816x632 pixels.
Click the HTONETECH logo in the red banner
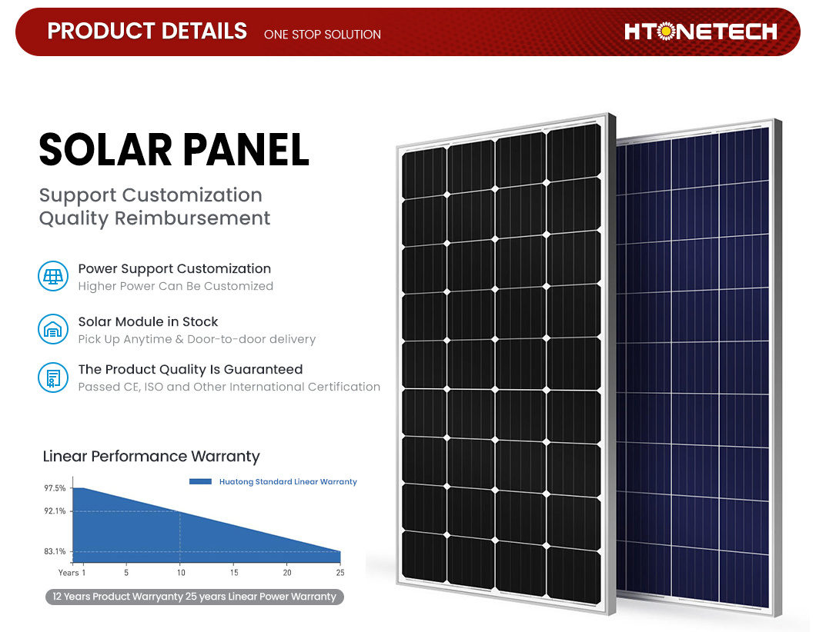pos(701,32)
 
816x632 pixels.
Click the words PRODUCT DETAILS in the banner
pos(147,32)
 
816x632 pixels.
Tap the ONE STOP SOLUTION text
pos(322,35)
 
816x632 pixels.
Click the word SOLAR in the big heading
pos(105,150)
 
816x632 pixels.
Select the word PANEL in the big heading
pos(246,150)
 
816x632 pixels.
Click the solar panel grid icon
pos(53,276)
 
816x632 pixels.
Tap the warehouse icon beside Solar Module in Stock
pos(53,329)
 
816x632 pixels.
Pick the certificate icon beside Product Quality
pos(53,378)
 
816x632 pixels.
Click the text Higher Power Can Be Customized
pos(176,286)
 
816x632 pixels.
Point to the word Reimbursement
pos(192,218)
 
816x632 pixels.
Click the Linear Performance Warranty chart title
pos(151,456)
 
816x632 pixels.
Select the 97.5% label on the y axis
pos(55,488)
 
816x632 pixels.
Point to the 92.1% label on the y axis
pos(55,511)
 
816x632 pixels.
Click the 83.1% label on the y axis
pos(55,551)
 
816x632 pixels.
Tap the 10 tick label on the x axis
pos(181,572)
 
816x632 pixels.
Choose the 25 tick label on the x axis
pos(339,572)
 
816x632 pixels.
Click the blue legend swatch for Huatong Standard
pos(200,482)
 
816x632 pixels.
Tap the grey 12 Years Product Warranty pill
pos(195,597)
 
